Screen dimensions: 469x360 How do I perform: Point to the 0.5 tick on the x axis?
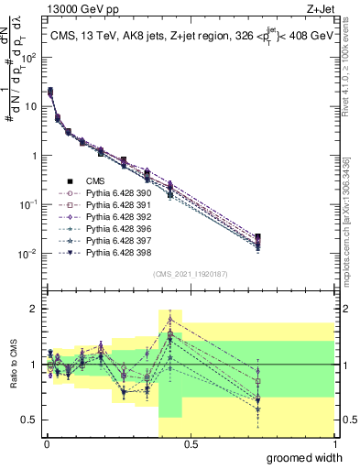191,443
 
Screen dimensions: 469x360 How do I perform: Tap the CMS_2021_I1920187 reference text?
190,274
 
